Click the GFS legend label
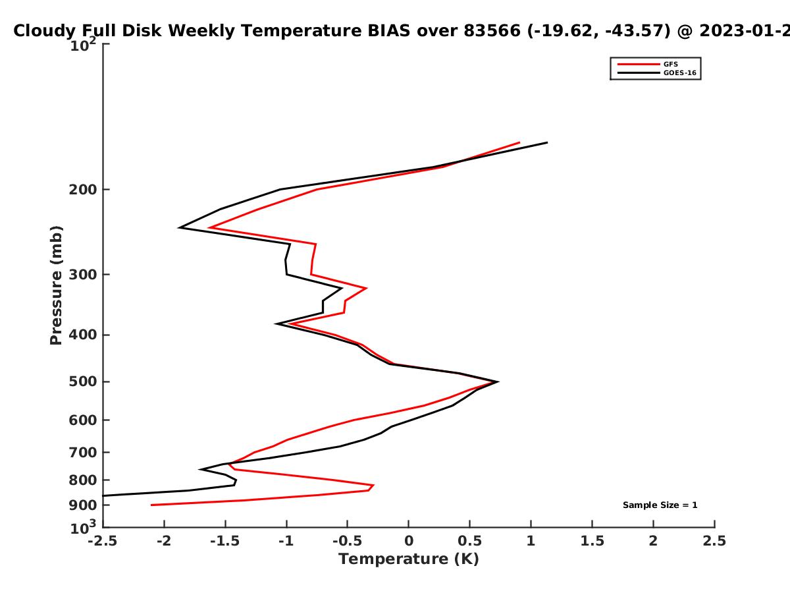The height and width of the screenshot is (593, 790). coord(670,65)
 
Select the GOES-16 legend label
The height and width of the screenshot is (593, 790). coord(680,73)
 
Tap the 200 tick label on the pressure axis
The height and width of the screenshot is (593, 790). coord(83,189)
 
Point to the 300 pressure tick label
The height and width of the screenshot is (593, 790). coord(83,274)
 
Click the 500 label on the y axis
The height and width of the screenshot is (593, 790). coord(83,381)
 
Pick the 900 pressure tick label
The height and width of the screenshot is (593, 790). coord(83,505)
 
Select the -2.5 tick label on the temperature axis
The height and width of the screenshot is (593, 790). coord(103,541)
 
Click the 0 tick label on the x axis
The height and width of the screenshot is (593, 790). coord(409,541)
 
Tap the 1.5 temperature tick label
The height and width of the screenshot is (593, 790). coord(592,541)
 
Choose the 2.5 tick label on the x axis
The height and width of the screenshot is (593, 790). coord(714,541)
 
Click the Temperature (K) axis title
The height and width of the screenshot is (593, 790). coord(409,559)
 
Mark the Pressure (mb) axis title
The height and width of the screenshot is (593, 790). coord(56,285)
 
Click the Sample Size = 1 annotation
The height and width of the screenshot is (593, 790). coord(660,505)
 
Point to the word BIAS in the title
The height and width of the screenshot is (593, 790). coord(388,30)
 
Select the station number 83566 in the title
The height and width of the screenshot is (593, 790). coord(492,30)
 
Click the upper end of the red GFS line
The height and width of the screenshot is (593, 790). coord(519,142)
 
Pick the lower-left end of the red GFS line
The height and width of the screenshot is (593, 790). coord(151,505)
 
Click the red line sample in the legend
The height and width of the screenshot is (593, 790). coord(639,65)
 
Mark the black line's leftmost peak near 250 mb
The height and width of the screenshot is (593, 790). coord(179,227)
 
